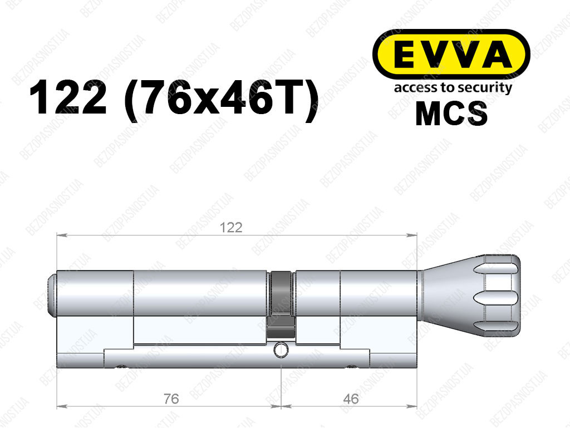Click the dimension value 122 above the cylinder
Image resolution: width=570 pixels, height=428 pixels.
pyautogui.click(x=231, y=228)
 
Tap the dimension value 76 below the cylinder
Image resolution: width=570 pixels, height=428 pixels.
pyautogui.click(x=171, y=399)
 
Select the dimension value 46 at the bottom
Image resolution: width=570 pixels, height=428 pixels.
pyautogui.click(x=351, y=399)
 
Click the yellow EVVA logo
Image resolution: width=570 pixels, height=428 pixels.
pyautogui.click(x=451, y=55)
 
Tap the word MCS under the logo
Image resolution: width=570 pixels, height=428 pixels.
pyautogui.click(x=451, y=114)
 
